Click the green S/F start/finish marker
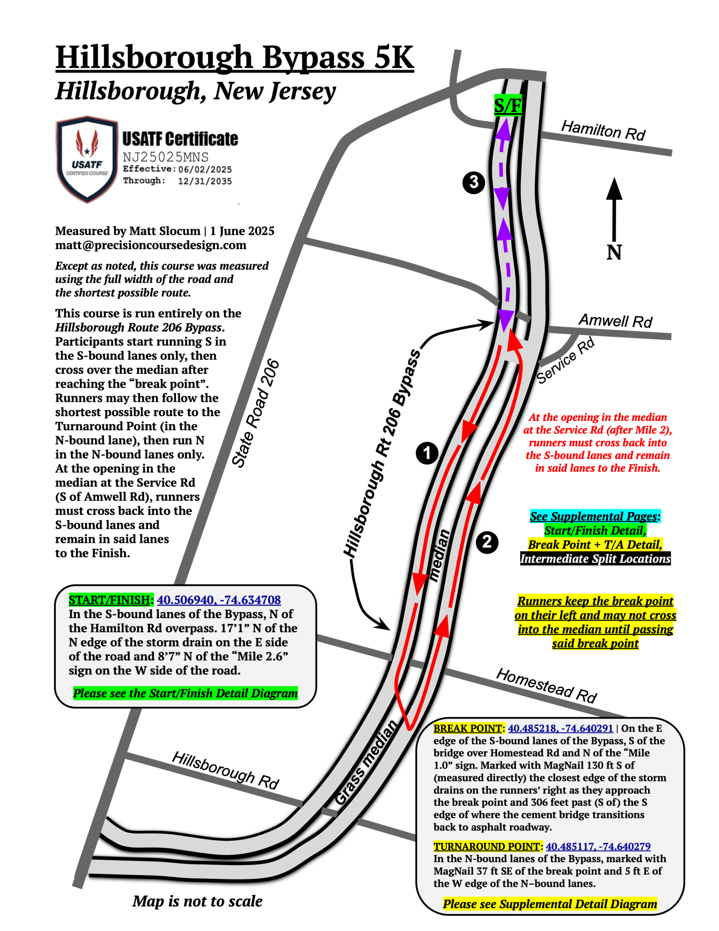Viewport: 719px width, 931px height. coord(507,105)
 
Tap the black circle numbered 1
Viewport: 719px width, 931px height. coord(427,453)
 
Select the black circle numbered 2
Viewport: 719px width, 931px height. coord(487,542)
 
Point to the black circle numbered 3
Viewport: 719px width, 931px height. coord(474,182)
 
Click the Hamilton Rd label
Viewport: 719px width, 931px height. coord(603,130)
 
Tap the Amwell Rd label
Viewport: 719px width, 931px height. coord(615,320)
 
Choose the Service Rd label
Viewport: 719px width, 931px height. coord(565,360)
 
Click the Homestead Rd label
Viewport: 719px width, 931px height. coord(547,685)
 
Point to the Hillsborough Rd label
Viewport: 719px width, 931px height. coord(226,770)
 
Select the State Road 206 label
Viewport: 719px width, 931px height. coord(255,413)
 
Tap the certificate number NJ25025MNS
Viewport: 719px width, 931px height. coord(166,157)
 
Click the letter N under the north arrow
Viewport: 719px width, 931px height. coord(614,252)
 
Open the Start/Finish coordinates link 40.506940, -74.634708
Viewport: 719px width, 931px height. coord(219,600)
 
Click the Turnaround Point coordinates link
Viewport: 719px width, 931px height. coord(598,846)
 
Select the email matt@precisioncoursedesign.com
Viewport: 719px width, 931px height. coord(150,245)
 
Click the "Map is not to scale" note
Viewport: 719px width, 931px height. coord(197,901)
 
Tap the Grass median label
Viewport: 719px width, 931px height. coord(366,762)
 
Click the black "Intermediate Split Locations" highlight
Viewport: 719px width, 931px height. coord(595,559)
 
